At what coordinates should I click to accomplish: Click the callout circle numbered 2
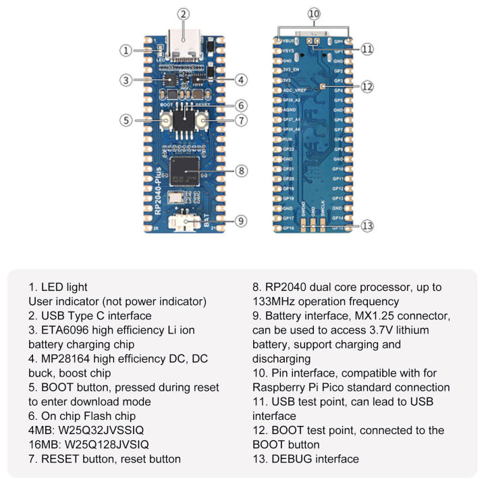[183, 13]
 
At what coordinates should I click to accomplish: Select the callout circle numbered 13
[367, 225]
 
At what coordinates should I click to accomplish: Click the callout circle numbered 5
[125, 120]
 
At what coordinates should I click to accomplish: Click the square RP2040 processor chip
[184, 171]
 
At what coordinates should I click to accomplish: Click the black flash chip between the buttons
[183, 122]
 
